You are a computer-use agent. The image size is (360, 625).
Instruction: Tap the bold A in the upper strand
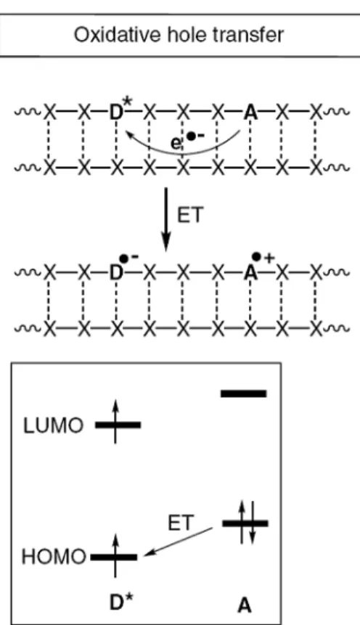point(250,113)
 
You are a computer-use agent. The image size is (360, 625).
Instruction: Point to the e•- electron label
point(187,140)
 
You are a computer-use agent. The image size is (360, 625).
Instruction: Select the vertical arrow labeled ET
point(166,220)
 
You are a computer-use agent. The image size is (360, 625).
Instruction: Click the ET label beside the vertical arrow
point(189,216)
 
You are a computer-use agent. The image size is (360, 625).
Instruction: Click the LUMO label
point(54,425)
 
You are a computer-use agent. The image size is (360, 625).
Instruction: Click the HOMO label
point(54,557)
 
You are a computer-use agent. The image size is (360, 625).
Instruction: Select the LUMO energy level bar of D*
point(118,425)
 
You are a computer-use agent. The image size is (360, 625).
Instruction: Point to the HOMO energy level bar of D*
point(114,557)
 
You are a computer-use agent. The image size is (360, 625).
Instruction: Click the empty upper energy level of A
point(244,394)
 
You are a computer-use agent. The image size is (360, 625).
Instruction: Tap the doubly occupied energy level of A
point(245,523)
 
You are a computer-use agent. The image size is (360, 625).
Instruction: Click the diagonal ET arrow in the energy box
point(179,542)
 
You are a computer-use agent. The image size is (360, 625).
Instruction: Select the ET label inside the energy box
point(181,523)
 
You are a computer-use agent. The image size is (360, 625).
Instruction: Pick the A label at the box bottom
point(245,606)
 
